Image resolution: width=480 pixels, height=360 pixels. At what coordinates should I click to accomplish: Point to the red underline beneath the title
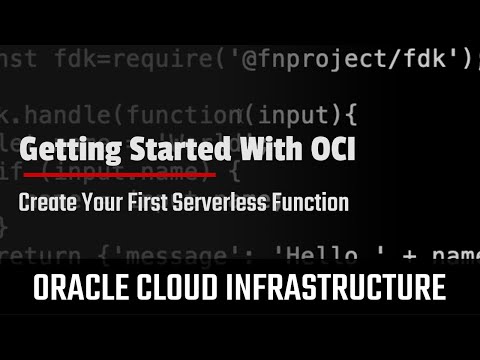point(118,174)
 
